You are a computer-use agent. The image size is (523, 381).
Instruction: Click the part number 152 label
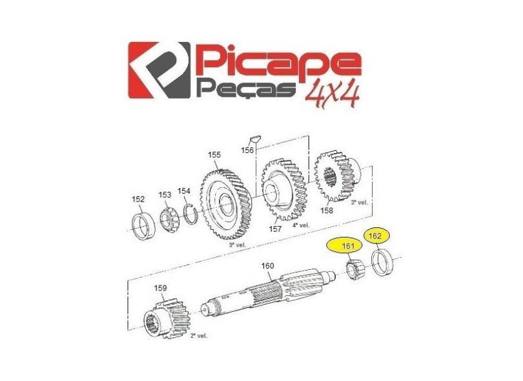[138, 200]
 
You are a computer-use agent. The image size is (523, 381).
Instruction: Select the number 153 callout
[165, 195]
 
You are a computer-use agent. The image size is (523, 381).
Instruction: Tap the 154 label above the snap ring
[184, 191]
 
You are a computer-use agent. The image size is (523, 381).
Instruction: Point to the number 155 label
[214, 155]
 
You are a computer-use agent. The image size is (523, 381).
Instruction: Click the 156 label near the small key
[247, 150]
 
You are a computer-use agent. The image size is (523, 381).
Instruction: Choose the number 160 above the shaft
[267, 265]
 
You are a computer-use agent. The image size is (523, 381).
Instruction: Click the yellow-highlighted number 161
[348, 246]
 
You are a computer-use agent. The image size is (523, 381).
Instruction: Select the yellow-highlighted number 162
[374, 236]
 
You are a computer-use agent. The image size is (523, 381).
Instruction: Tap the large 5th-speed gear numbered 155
[226, 204]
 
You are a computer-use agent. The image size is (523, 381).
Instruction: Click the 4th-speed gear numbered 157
[284, 189]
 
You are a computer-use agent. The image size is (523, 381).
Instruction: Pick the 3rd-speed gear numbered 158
[337, 177]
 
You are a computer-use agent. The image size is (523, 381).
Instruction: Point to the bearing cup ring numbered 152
[144, 227]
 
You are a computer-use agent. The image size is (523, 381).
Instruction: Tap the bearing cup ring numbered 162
[383, 263]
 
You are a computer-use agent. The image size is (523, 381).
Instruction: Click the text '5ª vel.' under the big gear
[237, 245]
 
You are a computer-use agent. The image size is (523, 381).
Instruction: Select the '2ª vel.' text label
[199, 336]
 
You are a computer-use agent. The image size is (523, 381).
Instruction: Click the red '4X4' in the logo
[331, 95]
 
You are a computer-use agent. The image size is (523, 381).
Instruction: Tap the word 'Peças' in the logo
[248, 88]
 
